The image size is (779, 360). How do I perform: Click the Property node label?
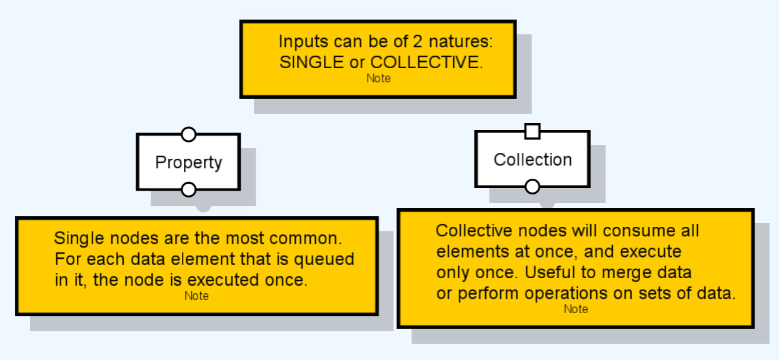point(188,162)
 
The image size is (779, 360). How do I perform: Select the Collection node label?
point(533,160)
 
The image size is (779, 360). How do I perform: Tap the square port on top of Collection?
point(533,131)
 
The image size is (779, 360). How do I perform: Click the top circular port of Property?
point(188,134)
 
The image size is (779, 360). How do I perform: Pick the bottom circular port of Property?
point(188,190)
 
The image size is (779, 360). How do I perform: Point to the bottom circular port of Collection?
point(532,187)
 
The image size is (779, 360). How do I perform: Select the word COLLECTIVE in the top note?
point(426,62)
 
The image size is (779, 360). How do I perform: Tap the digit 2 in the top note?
point(418,41)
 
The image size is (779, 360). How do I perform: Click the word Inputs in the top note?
point(303,42)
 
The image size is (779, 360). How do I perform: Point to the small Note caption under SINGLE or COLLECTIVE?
point(378,79)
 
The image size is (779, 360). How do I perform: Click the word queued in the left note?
point(324,260)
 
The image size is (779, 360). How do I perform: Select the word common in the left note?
point(306,238)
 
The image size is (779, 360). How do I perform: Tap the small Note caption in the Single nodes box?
point(196,296)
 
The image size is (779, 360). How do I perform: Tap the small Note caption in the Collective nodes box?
point(576,309)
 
